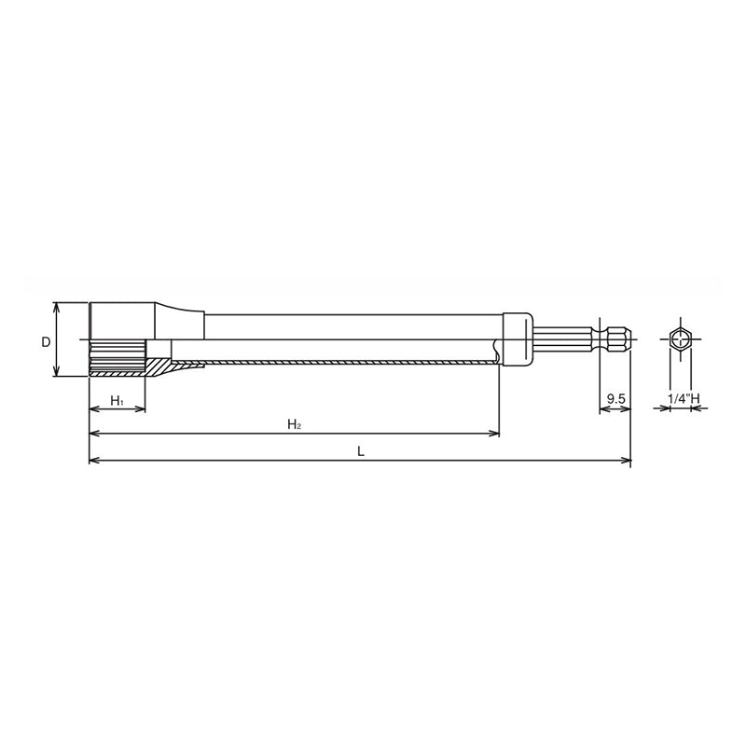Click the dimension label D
tap(45, 341)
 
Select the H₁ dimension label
tap(117, 400)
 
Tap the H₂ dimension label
tap(293, 425)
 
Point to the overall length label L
tap(360, 451)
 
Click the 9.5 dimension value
tap(615, 399)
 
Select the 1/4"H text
tap(683, 399)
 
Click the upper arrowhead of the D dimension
tap(56, 306)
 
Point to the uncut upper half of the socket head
tap(118, 321)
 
